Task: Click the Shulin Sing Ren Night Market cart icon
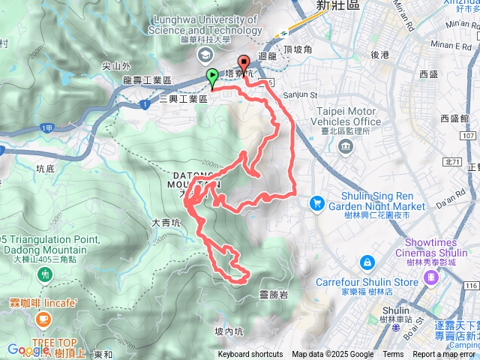tap(316, 203)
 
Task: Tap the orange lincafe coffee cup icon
tap(42, 320)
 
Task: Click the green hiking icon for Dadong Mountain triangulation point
tap(46, 275)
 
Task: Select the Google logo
tap(28, 349)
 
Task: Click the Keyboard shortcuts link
tap(250, 355)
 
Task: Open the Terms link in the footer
tap(393, 355)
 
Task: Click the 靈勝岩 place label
tap(273, 294)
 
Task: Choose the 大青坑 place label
tap(166, 223)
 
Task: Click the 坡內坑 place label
tap(229, 331)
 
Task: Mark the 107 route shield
tap(469, 136)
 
